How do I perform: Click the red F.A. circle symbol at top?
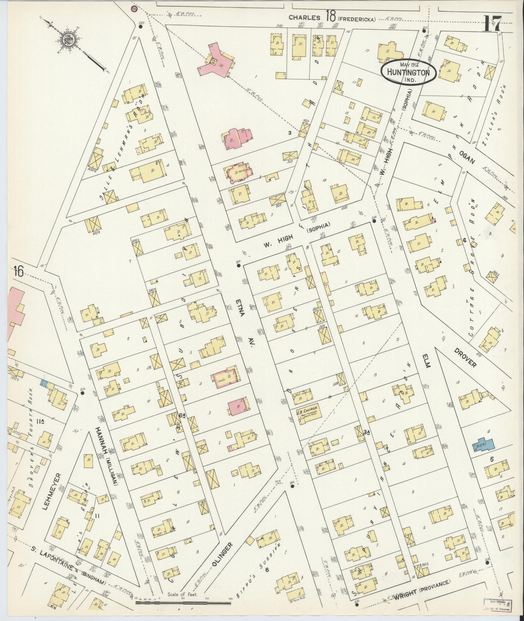[x=134, y=9]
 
